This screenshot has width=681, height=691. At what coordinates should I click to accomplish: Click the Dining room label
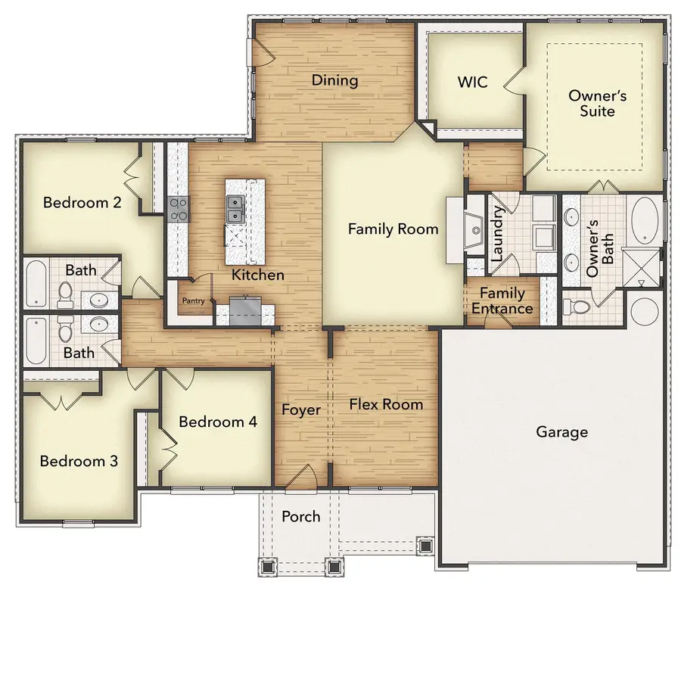(x=334, y=80)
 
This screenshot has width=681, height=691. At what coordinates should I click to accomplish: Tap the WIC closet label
(x=472, y=81)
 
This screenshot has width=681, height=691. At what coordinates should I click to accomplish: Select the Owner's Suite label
(x=592, y=104)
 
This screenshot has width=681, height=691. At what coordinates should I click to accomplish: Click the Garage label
(x=561, y=432)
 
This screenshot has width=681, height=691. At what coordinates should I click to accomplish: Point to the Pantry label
(x=192, y=300)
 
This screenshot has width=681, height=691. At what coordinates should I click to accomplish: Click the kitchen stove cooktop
(x=178, y=209)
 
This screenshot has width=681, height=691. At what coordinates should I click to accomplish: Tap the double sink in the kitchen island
(x=235, y=210)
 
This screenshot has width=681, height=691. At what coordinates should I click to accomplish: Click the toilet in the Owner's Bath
(x=576, y=307)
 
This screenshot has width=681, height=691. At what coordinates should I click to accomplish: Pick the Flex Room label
(x=386, y=404)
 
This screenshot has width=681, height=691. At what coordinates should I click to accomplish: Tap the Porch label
(x=301, y=517)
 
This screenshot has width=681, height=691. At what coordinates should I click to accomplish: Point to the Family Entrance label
(x=502, y=300)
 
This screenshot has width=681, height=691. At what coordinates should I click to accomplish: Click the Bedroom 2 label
(x=82, y=202)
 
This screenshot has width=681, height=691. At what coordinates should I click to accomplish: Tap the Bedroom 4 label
(x=218, y=422)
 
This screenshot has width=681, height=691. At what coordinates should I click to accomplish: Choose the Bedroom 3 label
(x=79, y=461)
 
